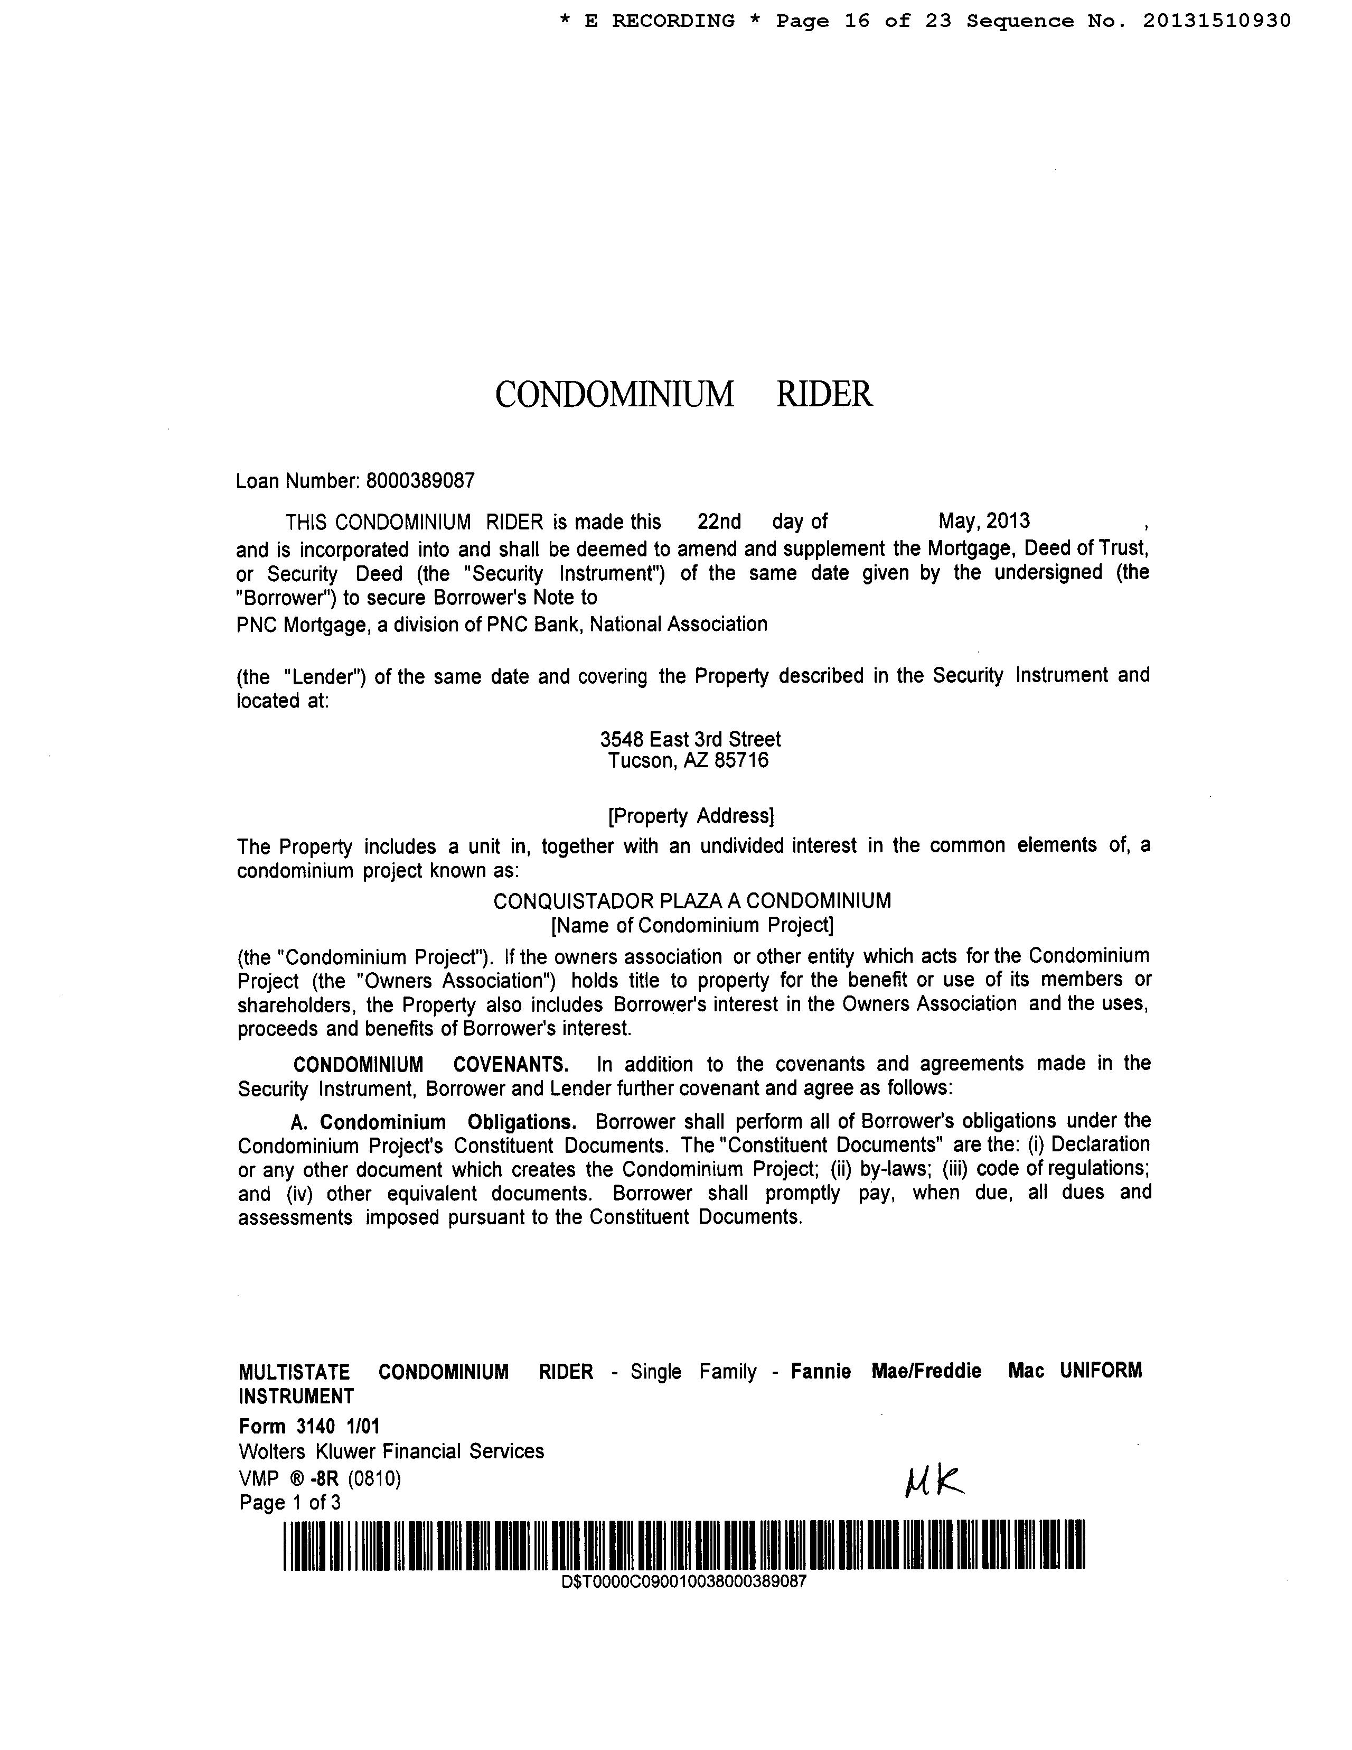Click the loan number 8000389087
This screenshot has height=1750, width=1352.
coord(420,481)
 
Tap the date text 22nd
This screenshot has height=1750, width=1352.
coord(718,522)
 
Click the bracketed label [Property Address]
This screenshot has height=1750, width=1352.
coord(690,816)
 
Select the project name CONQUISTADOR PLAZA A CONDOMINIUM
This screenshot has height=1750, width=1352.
coord(691,901)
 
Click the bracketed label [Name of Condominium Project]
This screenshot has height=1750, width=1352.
coord(692,926)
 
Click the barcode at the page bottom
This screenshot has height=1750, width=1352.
coord(683,1544)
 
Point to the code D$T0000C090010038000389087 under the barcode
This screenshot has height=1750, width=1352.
coord(683,1582)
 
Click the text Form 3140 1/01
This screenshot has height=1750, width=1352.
coord(309,1426)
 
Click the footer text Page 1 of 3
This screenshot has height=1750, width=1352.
coord(290,1502)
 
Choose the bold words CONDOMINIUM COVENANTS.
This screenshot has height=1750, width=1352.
coord(430,1065)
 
